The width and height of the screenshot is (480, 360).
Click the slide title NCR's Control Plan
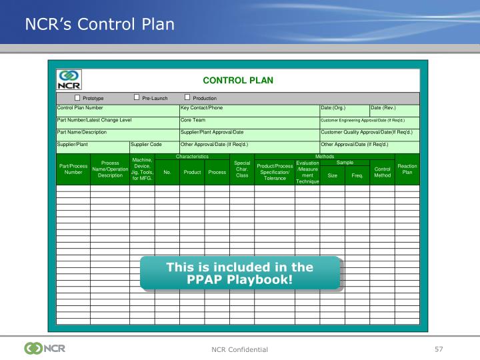coord(100,25)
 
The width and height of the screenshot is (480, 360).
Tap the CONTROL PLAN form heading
coord(238,80)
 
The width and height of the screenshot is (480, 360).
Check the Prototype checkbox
coord(77,98)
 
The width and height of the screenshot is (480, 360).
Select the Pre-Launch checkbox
coord(137,98)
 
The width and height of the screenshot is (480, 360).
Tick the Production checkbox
coord(187,98)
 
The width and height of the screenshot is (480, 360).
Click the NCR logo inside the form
coord(69,80)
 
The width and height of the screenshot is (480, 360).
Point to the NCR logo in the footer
coord(45,348)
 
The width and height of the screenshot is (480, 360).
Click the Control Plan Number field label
coord(80,107)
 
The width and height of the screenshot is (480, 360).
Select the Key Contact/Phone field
coord(201,107)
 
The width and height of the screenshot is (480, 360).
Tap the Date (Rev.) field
coord(383,107)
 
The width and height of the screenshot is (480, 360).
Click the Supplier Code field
coord(147,144)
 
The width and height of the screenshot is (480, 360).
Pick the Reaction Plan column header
coord(407,169)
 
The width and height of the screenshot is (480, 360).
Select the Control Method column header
coord(382,172)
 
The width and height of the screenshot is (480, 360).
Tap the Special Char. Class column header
coord(242,169)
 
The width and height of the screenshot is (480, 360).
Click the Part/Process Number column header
coord(73,169)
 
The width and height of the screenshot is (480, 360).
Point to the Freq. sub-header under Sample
coord(357,175)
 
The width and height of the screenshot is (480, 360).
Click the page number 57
coord(438,349)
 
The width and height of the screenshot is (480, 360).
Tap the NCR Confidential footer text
coord(240,349)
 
